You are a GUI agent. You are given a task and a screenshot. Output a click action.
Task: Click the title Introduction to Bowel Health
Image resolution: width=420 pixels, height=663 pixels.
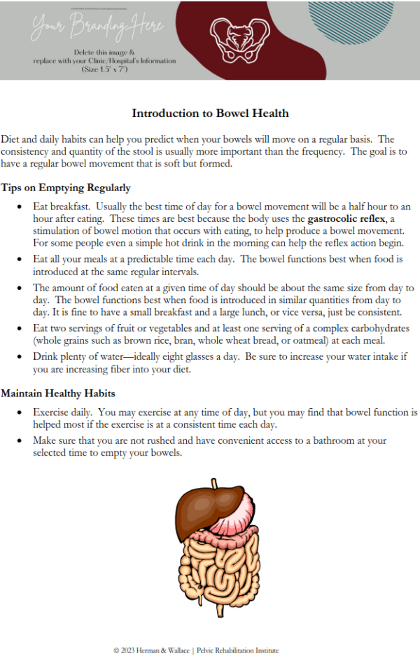[210, 113]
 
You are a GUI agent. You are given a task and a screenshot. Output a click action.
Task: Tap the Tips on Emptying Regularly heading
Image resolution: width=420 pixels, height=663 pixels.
[66, 188]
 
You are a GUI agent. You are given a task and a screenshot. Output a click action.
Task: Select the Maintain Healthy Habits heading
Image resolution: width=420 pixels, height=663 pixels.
[58, 393]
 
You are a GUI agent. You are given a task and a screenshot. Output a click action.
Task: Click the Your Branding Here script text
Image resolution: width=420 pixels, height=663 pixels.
[97, 27]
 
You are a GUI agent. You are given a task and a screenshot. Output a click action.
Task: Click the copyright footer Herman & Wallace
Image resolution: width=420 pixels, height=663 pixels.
[196, 650]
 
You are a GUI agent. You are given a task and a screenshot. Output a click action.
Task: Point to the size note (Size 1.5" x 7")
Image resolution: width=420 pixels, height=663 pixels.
[104, 70]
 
